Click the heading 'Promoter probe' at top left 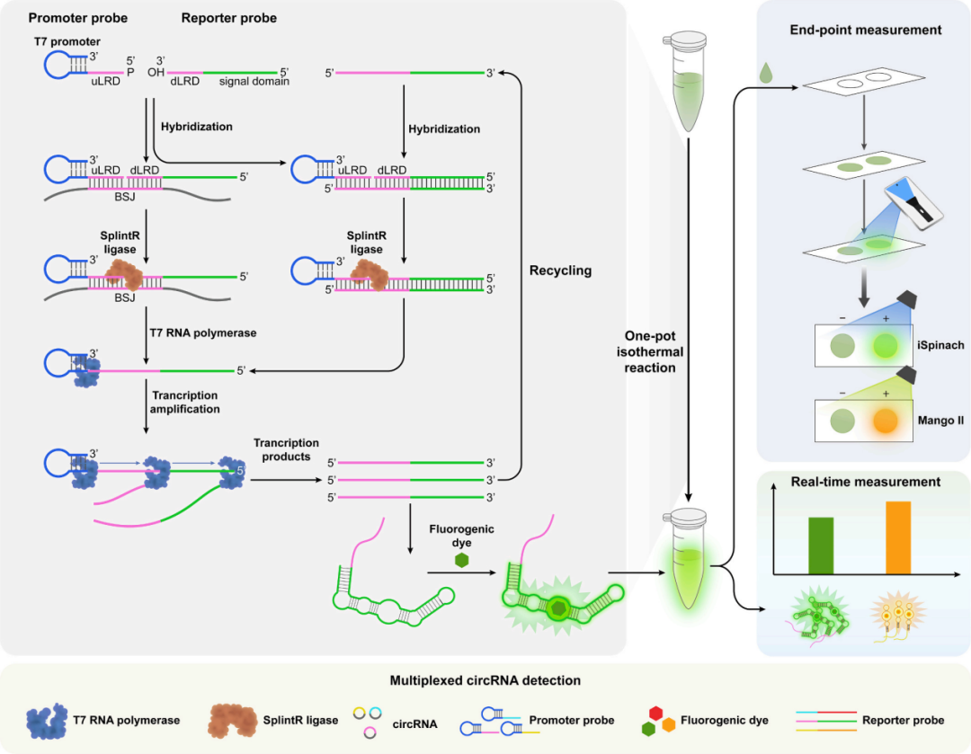(x=78, y=18)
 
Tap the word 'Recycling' (x=560, y=271)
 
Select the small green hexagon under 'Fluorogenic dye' (x=461, y=560)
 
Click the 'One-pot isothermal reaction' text (x=649, y=351)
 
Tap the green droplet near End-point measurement (x=765, y=71)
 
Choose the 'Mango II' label (x=940, y=419)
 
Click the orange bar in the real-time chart (x=897, y=537)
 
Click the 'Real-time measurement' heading (x=866, y=483)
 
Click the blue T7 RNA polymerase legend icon (x=49, y=718)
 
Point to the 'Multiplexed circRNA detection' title (x=485, y=680)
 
